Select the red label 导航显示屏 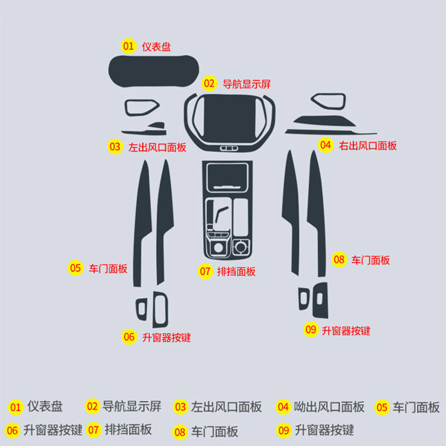coord(246,85)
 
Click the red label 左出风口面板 coord(157,148)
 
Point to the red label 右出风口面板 coord(368,146)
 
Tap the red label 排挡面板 coord(236,272)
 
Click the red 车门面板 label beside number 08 coord(370,260)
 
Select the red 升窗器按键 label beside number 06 coord(166,337)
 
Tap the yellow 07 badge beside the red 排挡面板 coord(205,272)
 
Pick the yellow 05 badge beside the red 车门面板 coord(75,268)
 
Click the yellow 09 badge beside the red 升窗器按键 coord(311,330)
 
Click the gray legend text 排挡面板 coord(128,430)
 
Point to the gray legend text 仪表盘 coord(45,407)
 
